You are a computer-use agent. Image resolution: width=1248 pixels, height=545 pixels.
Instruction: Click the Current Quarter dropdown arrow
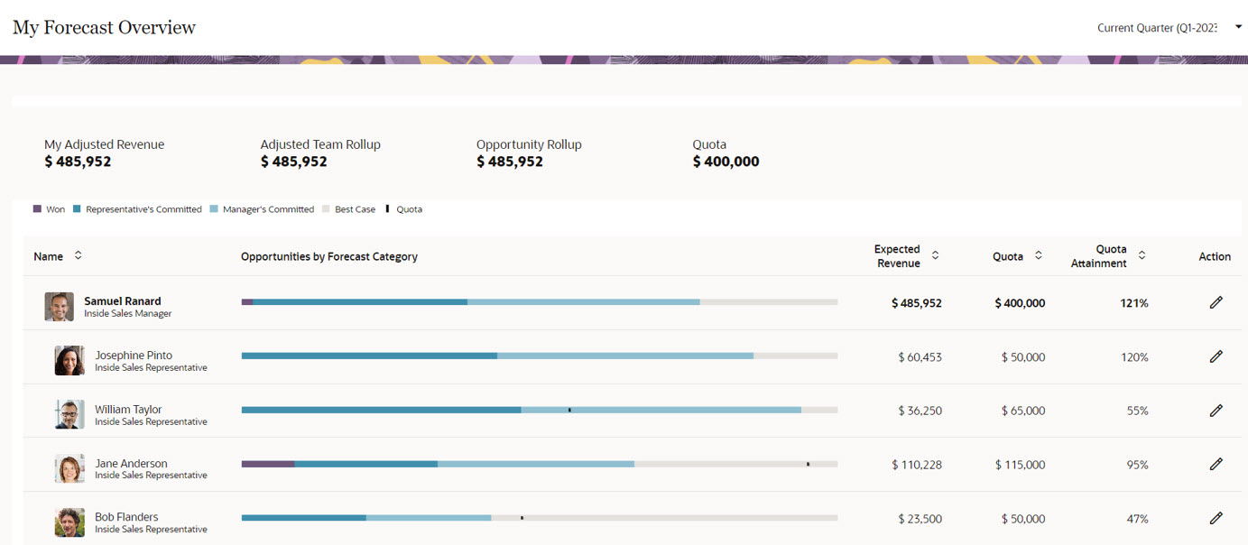point(1238,27)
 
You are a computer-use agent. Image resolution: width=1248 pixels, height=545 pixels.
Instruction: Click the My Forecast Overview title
point(104,27)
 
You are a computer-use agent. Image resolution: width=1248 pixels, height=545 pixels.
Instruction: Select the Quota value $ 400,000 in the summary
point(726,162)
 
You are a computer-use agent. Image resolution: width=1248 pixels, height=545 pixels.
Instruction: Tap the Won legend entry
point(50,209)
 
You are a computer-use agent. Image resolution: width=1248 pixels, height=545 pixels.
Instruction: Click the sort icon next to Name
point(79,255)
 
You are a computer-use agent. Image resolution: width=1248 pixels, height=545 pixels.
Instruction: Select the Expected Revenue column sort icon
point(935,255)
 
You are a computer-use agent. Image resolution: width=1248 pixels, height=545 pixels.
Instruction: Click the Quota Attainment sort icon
point(1142,255)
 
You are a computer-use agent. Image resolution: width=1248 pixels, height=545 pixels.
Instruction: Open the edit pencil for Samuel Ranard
point(1216,302)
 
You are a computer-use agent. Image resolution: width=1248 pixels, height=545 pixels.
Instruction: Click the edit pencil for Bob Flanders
point(1216,518)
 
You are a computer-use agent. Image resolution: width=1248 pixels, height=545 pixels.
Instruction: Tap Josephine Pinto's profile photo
point(69,361)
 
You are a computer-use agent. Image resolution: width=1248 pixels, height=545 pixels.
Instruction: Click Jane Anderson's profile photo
point(69,469)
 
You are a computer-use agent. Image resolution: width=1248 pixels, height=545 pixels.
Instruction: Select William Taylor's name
point(128,409)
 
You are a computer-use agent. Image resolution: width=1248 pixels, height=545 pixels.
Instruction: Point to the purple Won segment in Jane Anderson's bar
point(268,464)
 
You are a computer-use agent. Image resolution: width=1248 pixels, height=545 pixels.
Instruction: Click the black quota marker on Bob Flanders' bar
point(522,518)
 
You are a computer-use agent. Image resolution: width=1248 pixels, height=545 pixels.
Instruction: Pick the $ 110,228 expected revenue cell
point(916,465)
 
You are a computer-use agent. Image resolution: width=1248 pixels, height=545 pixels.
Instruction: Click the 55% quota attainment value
point(1137,411)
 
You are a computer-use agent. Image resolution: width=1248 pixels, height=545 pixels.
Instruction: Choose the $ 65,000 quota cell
point(1022,411)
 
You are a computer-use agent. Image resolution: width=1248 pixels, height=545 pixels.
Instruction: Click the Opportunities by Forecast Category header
point(328,256)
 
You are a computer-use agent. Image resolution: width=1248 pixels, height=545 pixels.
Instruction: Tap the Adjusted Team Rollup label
point(320,144)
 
